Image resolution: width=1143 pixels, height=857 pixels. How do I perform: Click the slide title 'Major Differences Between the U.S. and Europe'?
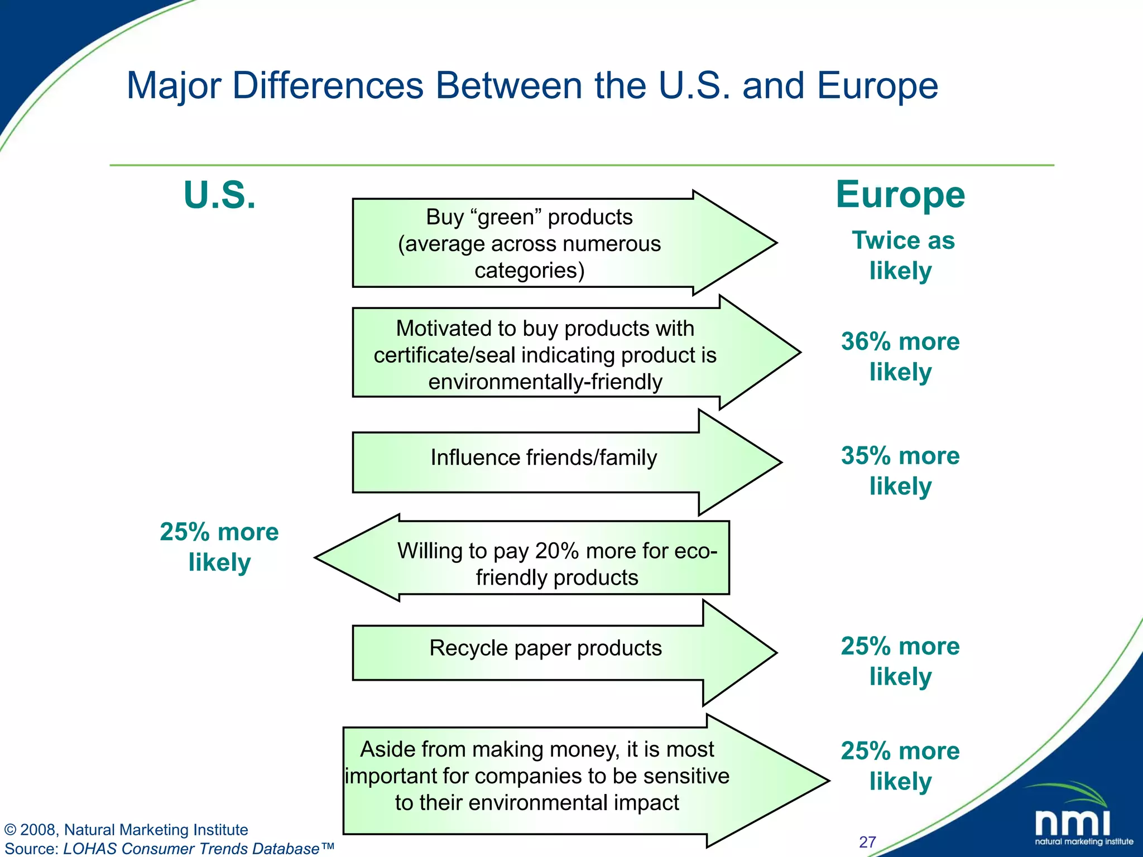tap(532, 86)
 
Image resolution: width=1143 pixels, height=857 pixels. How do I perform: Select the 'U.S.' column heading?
tap(219, 195)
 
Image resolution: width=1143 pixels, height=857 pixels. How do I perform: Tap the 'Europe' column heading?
tap(900, 195)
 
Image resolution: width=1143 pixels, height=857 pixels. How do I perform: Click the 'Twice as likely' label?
tap(902, 256)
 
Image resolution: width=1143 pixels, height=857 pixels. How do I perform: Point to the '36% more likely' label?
tap(900, 357)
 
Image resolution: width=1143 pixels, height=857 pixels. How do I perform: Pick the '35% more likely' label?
tap(900, 470)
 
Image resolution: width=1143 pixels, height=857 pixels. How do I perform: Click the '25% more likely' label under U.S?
tap(219, 547)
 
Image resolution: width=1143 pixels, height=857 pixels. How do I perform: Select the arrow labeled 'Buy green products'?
tap(558, 243)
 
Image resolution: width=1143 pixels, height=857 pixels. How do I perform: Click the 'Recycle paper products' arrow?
tap(558, 651)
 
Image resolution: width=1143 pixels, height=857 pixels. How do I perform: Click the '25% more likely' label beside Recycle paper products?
tap(900, 661)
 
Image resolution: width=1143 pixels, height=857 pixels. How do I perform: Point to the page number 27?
tap(867, 841)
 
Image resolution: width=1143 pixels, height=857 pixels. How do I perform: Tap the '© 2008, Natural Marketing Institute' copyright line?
tap(126, 830)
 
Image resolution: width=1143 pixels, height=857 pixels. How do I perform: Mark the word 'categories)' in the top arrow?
tap(529, 271)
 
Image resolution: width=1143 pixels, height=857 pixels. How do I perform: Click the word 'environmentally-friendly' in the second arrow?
tap(545, 382)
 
